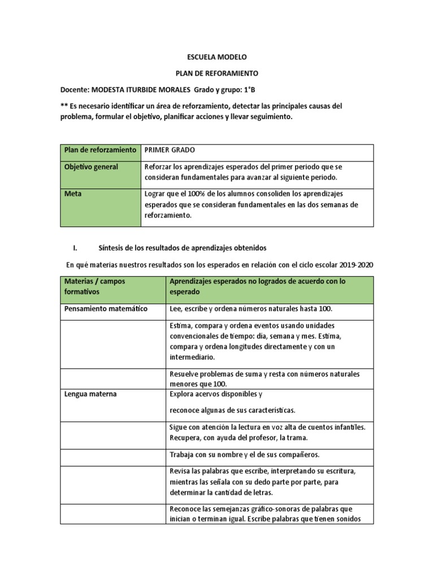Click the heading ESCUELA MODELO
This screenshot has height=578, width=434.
coord(217,58)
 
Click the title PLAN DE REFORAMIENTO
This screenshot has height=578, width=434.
coord(217,73)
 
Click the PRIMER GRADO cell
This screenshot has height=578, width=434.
coord(170,150)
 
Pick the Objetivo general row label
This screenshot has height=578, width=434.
coord(91,167)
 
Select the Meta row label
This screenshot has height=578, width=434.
coord(73,194)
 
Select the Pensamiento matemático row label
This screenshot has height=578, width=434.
coord(106,309)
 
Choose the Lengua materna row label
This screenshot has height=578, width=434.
coord(91,394)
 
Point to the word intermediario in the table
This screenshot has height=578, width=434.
coord(192,357)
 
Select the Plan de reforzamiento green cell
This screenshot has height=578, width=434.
coord(100,150)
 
